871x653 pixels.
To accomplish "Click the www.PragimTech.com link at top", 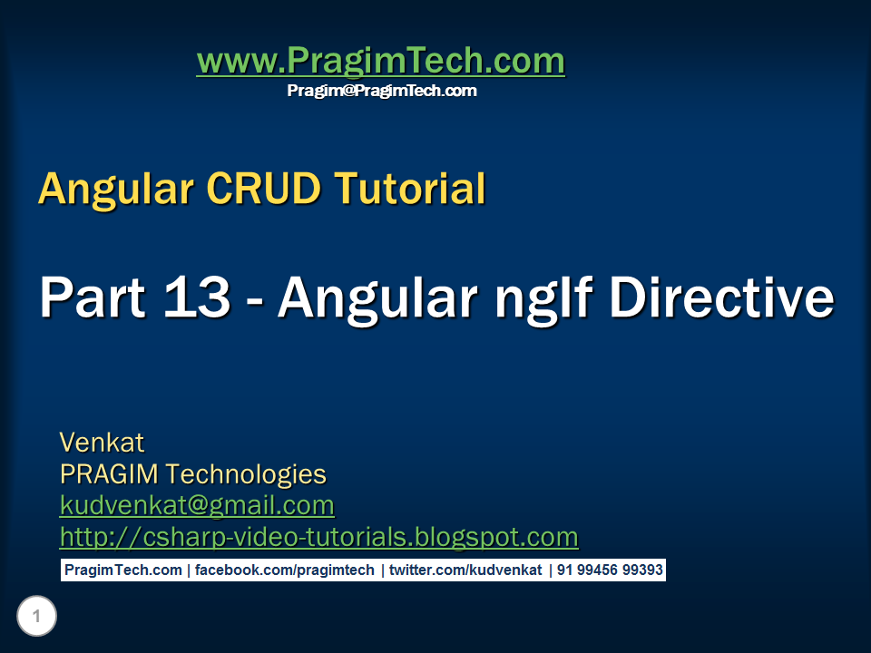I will click(380, 62).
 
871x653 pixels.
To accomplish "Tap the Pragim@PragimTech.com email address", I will click(382, 91).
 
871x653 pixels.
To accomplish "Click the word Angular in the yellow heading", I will click(117, 189).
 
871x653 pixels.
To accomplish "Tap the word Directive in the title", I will click(721, 297).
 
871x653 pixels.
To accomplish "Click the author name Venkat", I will click(102, 443).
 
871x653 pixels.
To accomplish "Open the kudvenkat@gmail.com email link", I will click(197, 505).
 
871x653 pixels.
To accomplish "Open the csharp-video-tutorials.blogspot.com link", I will click(318, 537).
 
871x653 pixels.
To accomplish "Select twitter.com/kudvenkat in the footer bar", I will click(465, 570).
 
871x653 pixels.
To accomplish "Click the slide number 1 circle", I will click(36, 618).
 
